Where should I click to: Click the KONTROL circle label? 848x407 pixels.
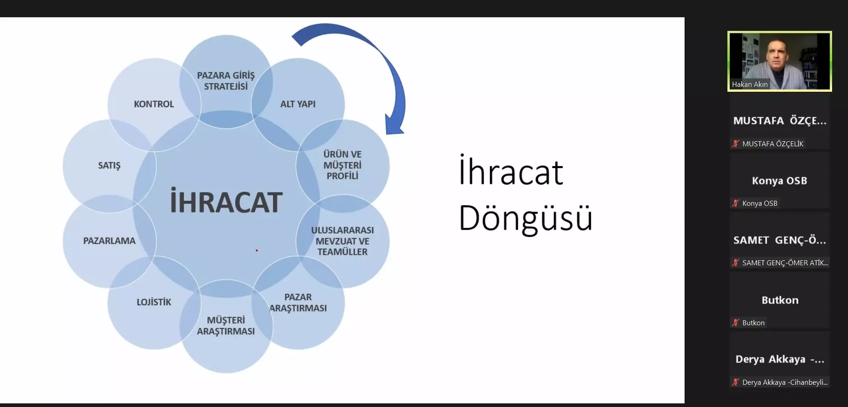click(x=154, y=104)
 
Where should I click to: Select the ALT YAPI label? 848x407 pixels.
click(x=298, y=104)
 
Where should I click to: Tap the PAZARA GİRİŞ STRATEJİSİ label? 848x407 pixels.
click(x=226, y=81)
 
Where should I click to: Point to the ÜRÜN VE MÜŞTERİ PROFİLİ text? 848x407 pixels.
click(x=343, y=165)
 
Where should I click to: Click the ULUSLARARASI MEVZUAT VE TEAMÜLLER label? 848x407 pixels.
click(x=343, y=241)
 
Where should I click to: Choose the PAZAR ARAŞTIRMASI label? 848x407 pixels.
click(x=298, y=303)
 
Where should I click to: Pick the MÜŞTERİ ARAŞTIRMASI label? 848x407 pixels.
click(x=226, y=326)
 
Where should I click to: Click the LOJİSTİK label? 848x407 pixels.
click(x=154, y=302)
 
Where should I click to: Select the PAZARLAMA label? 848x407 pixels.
click(x=109, y=241)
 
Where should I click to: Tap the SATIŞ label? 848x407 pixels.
click(x=109, y=165)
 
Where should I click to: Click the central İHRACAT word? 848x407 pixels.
click(x=226, y=202)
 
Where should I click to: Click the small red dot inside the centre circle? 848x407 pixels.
click(x=257, y=250)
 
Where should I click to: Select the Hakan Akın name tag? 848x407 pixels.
click(x=750, y=84)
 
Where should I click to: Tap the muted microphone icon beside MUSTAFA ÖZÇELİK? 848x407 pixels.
click(x=735, y=144)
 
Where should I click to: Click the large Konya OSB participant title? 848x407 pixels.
click(x=779, y=180)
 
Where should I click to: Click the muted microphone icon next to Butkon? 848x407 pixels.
click(x=735, y=323)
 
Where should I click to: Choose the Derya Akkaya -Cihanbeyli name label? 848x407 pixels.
click(x=785, y=382)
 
